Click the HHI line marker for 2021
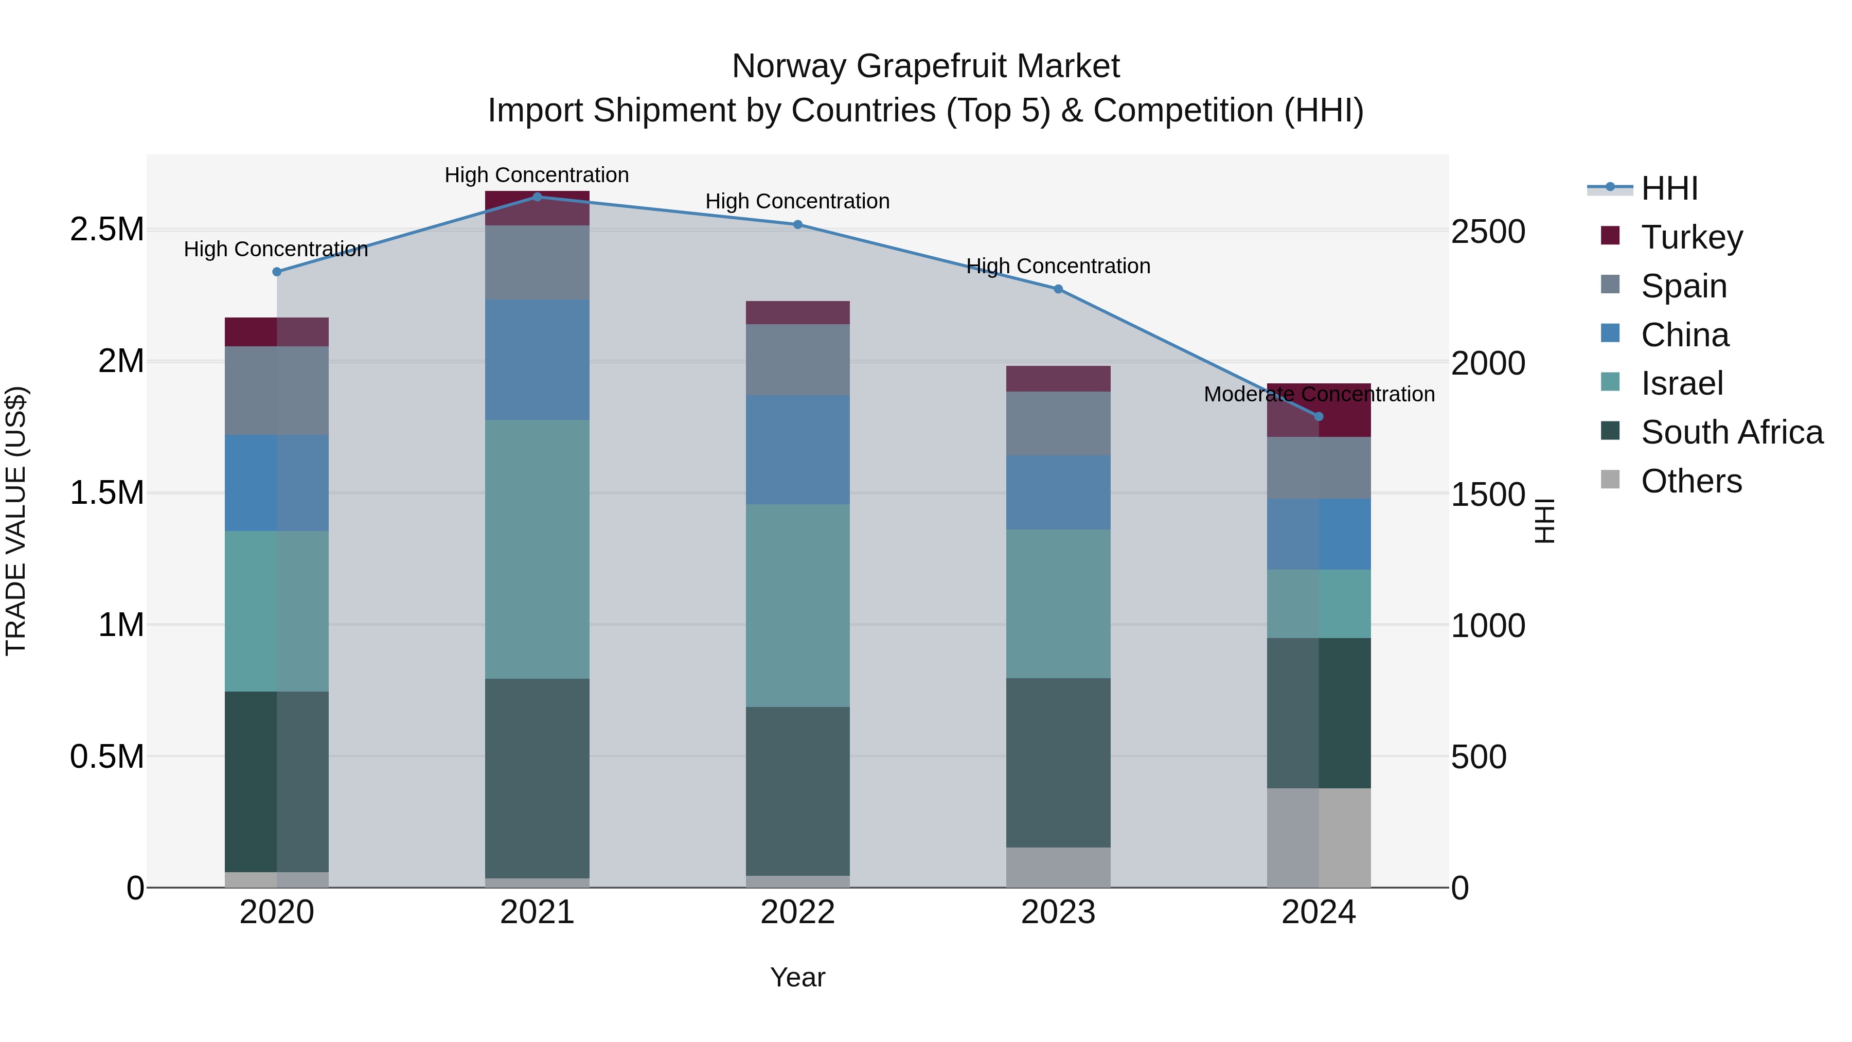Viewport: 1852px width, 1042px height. (537, 197)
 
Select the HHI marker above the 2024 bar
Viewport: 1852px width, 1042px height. (1319, 416)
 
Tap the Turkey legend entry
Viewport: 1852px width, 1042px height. (1691, 237)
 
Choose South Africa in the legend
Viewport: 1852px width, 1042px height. (1731, 432)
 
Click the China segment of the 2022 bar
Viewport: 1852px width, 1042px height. (797, 449)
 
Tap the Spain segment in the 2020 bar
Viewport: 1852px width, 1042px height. (277, 391)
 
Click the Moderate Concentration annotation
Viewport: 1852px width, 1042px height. (1319, 394)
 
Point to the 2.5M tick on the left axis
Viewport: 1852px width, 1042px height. (107, 229)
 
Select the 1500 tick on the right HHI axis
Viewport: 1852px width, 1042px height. (1487, 494)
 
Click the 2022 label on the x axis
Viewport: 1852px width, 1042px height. (797, 912)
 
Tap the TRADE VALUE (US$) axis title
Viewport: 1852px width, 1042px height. (16, 521)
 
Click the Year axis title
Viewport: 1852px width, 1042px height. (797, 977)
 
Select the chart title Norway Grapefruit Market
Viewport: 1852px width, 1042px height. (925, 66)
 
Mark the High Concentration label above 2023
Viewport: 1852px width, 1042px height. (1058, 266)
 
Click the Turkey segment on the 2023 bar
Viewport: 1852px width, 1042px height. (1058, 378)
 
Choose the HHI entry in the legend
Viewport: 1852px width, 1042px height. (1668, 188)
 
